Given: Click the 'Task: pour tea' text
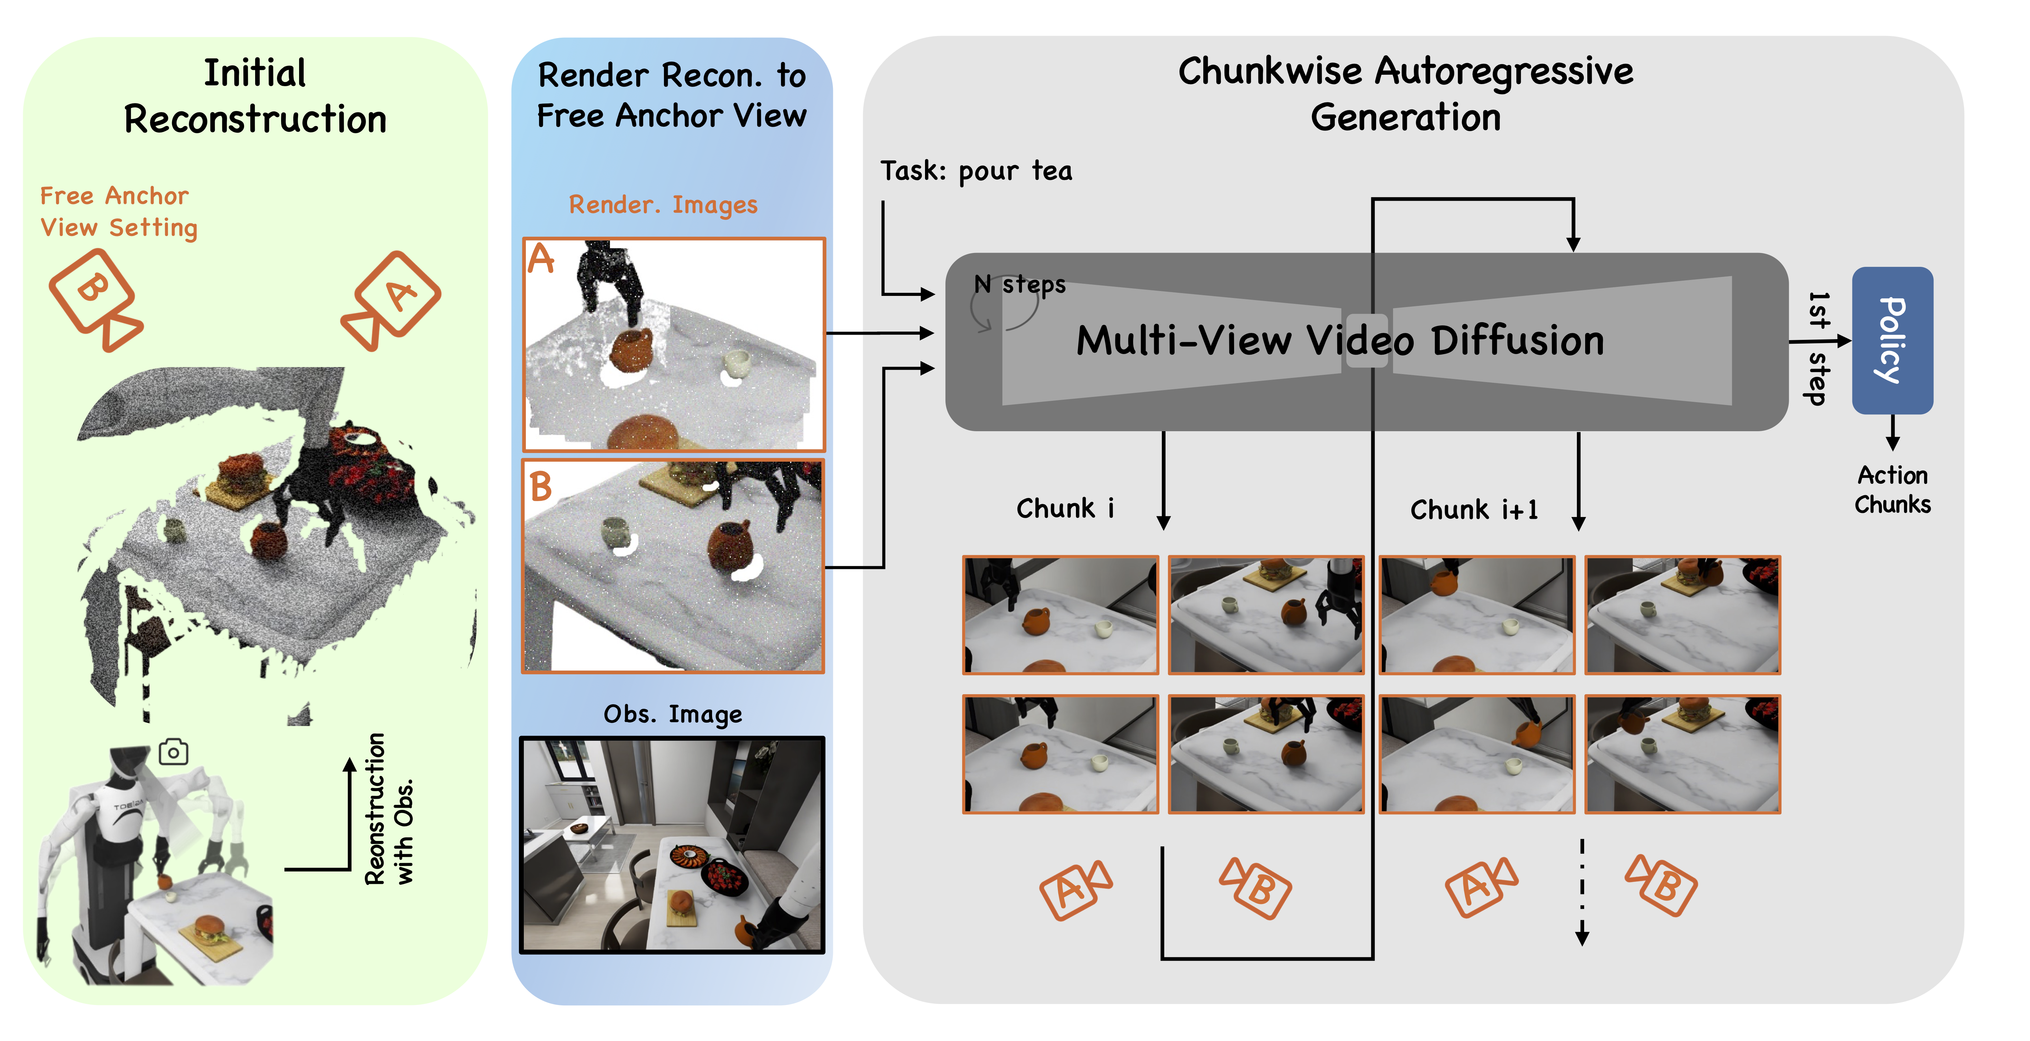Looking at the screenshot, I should point(976,171).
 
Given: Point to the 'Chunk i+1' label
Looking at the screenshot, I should point(1474,510).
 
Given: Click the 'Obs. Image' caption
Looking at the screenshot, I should point(672,714).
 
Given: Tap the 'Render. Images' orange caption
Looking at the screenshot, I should point(663,205).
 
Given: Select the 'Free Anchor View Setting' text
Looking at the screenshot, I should point(118,211).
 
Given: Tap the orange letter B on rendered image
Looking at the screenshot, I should point(541,486).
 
